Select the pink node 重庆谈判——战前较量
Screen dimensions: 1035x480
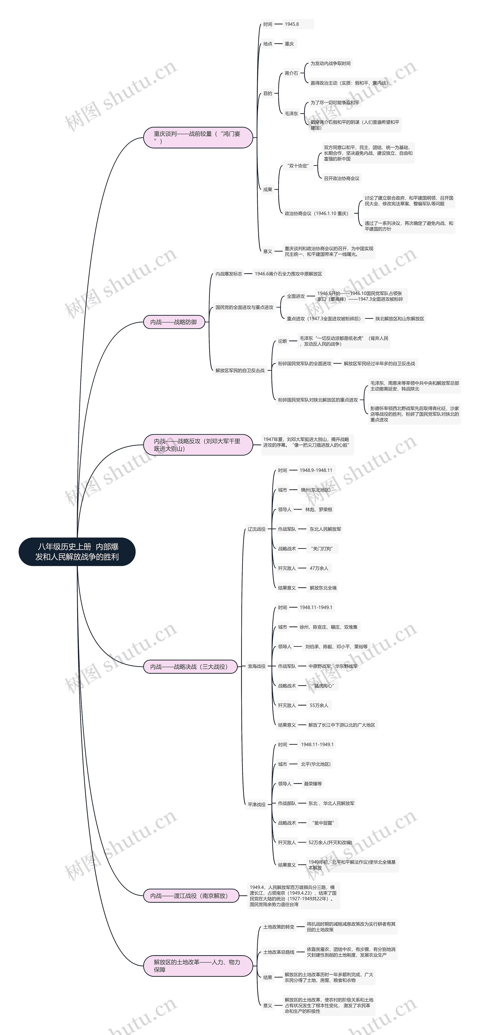pyautogui.click(x=198, y=137)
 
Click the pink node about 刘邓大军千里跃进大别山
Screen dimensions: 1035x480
pyautogui.click(x=198, y=445)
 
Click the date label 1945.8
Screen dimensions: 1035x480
pyautogui.click(x=292, y=24)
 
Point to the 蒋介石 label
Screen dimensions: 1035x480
pyautogui.click(x=291, y=73)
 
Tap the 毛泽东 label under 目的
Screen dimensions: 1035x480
pyautogui.click(x=291, y=114)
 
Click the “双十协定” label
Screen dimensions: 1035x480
pyautogui.click(x=298, y=165)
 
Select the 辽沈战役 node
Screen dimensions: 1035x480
pyautogui.click(x=256, y=529)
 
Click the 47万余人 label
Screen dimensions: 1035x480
pyautogui.click(x=319, y=568)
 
